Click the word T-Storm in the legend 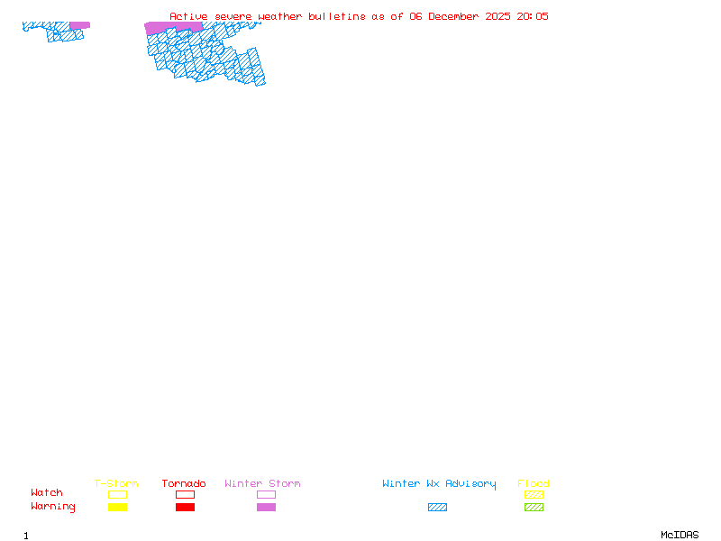pos(116,484)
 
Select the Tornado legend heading pos(184,484)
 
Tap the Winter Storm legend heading pos(262,484)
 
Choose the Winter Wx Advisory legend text pos(439,484)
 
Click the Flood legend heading pos(534,484)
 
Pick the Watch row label pos(47,493)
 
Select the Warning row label pos(53,507)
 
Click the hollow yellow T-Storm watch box pos(117,494)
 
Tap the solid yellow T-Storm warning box pos(117,507)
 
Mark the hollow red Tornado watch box pos(185,494)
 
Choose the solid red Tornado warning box pos(185,507)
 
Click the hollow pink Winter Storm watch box pos(266,494)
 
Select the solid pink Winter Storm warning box pos(266,507)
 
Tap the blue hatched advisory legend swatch pos(437,507)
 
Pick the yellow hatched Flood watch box pos(534,494)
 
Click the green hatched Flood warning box pos(534,507)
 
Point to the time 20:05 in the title pos(533,16)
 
